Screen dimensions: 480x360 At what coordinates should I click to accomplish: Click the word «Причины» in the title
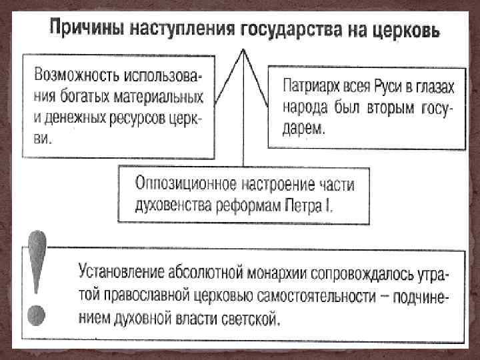85,31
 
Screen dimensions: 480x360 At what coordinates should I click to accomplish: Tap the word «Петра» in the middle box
307,204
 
